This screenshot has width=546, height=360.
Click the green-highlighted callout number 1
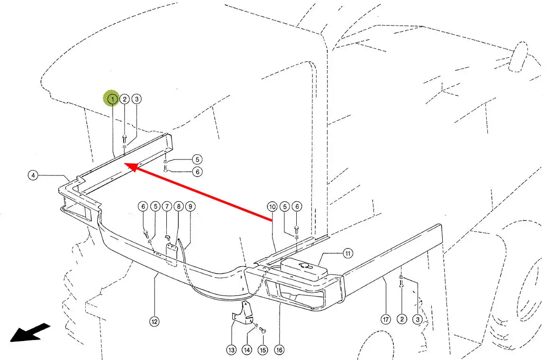coord(112,99)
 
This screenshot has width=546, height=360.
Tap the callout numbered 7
coord(167,206)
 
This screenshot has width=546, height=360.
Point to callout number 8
coord(178,206)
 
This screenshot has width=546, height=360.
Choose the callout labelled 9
coord(190,206)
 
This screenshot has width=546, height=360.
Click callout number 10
coord(272,207)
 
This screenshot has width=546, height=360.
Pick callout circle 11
coord(348,254)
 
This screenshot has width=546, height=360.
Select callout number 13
coord(231,350)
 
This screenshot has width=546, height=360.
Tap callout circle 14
coord(247,350)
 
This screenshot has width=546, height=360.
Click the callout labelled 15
coord(263,350)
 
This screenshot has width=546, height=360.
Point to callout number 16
coord(279,350)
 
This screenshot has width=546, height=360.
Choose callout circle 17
coord(386,320)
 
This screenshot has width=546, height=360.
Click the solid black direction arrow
coord(30,332)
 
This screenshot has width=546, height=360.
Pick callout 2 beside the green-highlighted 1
coord(124,99)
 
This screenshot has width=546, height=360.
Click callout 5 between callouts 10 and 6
coord(284,206)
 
